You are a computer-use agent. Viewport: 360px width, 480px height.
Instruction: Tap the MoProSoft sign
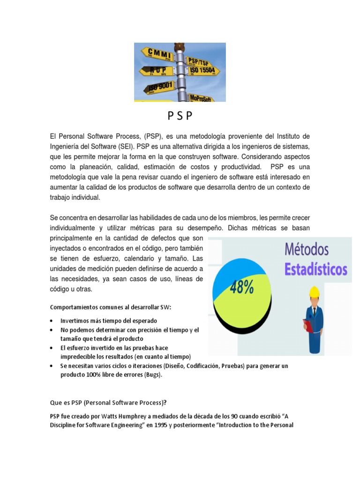pos(201,97)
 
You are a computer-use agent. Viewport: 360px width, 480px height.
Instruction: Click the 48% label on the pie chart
pos(241,287)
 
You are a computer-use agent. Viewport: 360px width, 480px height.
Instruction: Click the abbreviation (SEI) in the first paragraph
pos(133,146)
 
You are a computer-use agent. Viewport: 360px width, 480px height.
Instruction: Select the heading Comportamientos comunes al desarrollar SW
pos(111,307)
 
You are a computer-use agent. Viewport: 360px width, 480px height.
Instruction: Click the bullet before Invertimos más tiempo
pos(51,322)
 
